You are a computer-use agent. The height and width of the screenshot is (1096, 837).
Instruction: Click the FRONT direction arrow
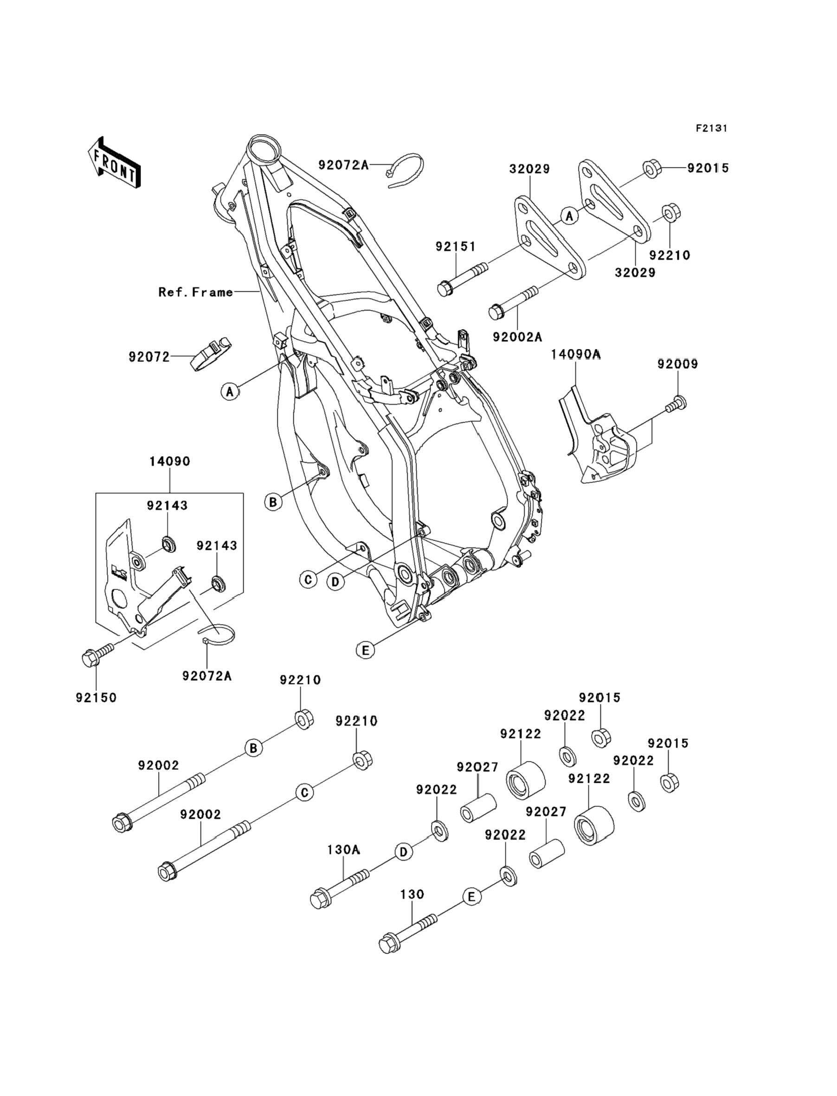pos(114,162)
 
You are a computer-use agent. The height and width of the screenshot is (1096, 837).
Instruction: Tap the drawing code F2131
pos(711,129)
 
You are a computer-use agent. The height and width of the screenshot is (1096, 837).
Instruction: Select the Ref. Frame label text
pos(196,292)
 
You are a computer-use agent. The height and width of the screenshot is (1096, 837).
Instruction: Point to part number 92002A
pos(517,337)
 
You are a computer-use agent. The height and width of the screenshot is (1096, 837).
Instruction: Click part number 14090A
pos(575,354)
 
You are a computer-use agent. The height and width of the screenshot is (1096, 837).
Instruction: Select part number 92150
pos(96,698)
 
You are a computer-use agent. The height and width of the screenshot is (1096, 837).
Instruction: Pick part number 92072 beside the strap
pos(149,357)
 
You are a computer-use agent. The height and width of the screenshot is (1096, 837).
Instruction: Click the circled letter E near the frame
pos(365,650)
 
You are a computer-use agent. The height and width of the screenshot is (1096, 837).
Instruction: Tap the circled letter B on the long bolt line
pos(254,748)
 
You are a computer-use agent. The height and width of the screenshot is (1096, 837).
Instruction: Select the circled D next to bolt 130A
pos(404,852)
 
